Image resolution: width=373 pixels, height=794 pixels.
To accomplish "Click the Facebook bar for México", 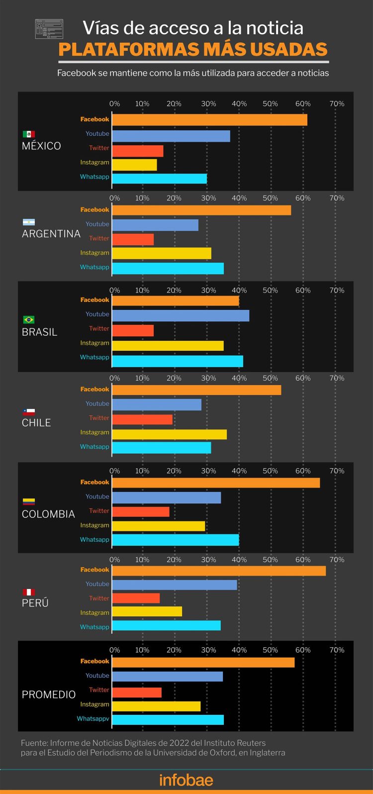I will tap(209, 120).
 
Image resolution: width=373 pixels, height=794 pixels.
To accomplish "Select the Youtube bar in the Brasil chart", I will tap(181, 315).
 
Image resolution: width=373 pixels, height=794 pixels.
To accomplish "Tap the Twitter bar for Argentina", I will tap(133, 239).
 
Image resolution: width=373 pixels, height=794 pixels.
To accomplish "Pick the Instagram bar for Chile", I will tap(169, 434).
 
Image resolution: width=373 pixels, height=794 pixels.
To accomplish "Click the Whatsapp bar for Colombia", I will tap(176, 540).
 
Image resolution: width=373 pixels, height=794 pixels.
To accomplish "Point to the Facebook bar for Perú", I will tap(219, 571).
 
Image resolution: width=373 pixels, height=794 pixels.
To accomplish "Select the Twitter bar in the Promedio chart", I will tap(137, 692).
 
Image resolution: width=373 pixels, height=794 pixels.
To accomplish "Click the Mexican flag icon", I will tap(29, 134).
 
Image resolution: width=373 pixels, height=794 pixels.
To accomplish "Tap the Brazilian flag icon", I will tap(29, 319).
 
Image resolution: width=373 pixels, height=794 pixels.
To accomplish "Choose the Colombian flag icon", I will tap(29, 501).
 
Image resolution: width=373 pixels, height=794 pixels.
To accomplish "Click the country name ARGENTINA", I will tap(51, 234).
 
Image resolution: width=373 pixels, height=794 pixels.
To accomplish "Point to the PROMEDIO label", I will tap(49, 695).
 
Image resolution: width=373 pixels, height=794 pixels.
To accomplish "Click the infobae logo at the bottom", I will tap(186, 780).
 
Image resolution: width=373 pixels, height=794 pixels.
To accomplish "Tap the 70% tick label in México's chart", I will tap(337, 104).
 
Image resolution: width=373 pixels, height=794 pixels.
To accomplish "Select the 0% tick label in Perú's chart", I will tap(114, 560).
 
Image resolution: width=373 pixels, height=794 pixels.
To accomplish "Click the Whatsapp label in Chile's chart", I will tap(94, 447).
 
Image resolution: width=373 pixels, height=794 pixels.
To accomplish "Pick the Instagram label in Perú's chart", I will tap(94, 613).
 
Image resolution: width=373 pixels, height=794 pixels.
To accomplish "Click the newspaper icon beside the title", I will tap(49, 29).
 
